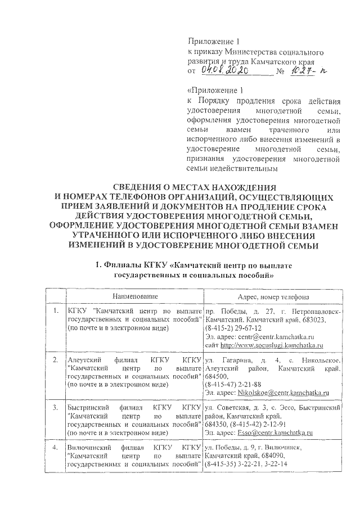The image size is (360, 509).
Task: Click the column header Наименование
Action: [134, 296]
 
